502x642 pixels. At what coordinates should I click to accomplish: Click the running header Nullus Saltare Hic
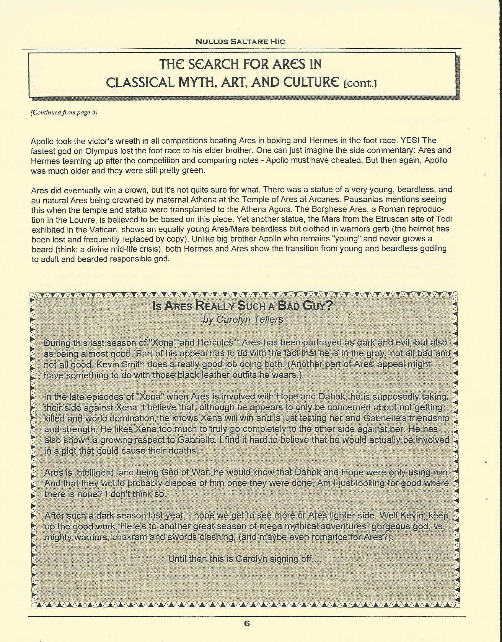[x=240, y=42]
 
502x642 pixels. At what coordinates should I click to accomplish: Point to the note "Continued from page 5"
[x=64, y=112]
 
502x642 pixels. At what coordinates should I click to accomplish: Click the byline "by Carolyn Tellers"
[x=243, y=319]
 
